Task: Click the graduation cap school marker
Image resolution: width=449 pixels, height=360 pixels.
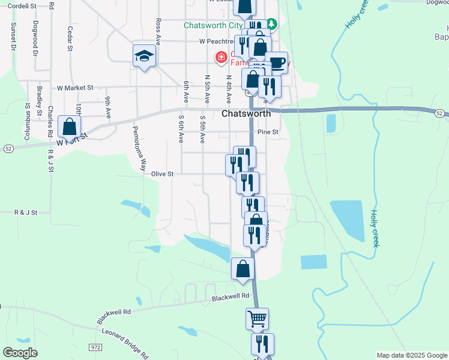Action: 144,56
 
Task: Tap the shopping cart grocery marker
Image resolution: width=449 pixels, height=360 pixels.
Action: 258,319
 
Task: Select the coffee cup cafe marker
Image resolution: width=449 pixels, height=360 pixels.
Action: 277,62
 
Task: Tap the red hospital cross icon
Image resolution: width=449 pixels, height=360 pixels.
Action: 221,58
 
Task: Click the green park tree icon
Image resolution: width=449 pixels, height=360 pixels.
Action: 271,24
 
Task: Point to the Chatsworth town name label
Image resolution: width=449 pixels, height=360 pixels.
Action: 246,113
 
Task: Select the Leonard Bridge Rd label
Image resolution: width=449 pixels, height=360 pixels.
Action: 125,343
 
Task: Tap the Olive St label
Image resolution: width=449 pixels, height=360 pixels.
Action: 162,174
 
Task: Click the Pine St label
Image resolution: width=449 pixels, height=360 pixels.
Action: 268,132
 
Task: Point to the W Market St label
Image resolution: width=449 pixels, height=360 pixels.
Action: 76,88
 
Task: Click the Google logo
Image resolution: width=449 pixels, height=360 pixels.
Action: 20,353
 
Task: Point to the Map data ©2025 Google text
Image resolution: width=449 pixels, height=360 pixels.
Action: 411,355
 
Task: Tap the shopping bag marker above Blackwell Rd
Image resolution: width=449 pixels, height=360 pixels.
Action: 243,269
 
